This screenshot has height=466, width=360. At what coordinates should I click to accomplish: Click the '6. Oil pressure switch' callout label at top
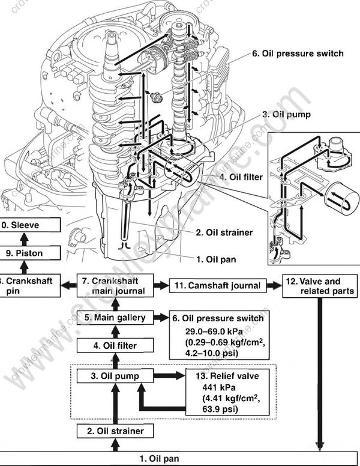[x=298, y=53]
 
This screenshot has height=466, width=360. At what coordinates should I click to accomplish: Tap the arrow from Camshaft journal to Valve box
[x=274, y=285]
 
